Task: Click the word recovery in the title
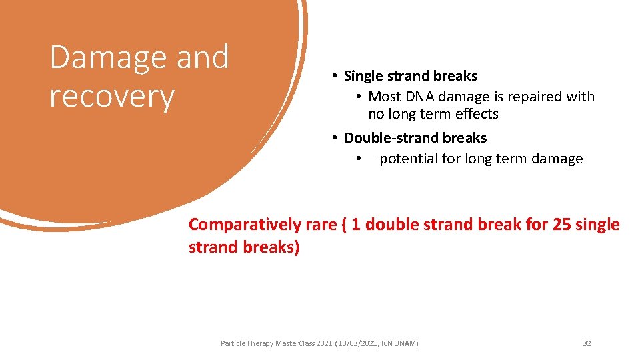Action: coord(111,97)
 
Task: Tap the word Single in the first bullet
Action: coord(365,76)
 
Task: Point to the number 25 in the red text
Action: coord(562,225)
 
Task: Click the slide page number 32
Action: coord(587,343)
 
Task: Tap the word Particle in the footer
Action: coord(233,343)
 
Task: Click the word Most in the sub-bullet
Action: coord(384,97)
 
